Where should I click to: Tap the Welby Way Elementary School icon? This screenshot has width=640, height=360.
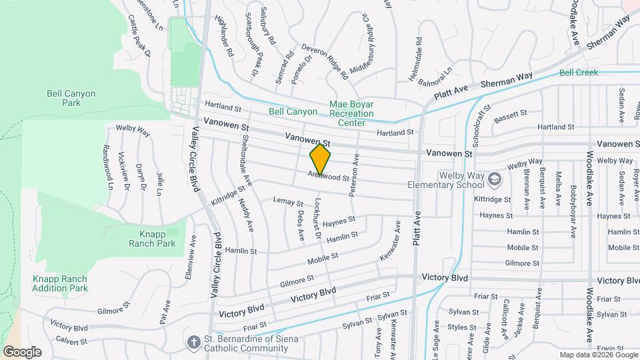(x=495, y=179)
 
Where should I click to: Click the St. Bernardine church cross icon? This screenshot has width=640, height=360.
(x=193, y=341)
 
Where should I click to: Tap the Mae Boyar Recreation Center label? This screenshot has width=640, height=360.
(x=351, y=113)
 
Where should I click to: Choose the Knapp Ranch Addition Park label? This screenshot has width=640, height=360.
(x=60, y=283)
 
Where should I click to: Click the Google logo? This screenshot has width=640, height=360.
(x=22, y=352)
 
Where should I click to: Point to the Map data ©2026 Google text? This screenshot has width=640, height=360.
(x=598, y=355)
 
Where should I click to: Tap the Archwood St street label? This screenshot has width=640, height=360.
(x=328, y=177)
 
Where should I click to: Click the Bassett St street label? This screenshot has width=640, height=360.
(x=511, y=116)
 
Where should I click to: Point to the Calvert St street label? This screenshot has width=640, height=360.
(x=72, y=341)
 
